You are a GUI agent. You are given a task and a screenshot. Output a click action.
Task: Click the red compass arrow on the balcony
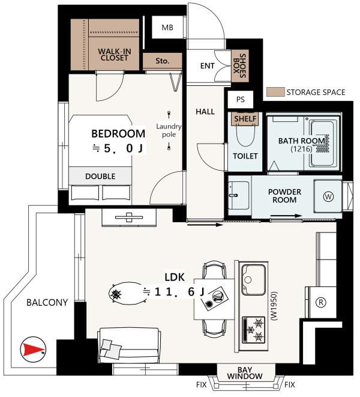coord(33,350)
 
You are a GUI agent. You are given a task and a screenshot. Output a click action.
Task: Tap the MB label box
coord(167,28)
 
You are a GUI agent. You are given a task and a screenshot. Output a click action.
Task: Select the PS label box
coord(241,100)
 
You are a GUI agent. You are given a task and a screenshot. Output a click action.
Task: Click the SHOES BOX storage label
coord(240,66)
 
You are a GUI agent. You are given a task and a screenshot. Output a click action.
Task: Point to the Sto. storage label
coord(163,61)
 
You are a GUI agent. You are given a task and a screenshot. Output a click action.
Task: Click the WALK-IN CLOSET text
coord(115,55)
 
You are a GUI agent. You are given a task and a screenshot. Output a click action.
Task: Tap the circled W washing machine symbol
coord(328,197)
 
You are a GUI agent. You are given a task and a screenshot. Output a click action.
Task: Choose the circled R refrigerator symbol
coord(321,302)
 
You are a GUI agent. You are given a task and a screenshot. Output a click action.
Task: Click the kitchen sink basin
coord(254,279)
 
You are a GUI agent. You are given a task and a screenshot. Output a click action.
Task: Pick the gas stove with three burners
coord(253,330)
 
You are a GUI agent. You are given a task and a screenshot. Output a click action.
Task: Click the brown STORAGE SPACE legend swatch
coord(275,92)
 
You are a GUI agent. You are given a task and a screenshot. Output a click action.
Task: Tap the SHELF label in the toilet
coord(245,119)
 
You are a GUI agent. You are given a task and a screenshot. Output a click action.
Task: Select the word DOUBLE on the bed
coord(100,176)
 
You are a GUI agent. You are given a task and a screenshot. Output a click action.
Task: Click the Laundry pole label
coord(169,130)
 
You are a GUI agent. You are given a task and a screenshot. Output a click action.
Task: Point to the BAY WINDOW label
coord(245,373)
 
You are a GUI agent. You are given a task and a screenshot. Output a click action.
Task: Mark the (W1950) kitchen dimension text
coord(274,306)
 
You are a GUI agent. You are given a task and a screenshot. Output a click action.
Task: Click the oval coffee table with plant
coord(128,294)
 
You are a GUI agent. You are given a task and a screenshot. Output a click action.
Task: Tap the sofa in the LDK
coord(129,345)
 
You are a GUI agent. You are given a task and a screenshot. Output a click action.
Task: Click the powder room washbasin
coord(238,195)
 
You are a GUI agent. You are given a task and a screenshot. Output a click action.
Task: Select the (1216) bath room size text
coord(301,148)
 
